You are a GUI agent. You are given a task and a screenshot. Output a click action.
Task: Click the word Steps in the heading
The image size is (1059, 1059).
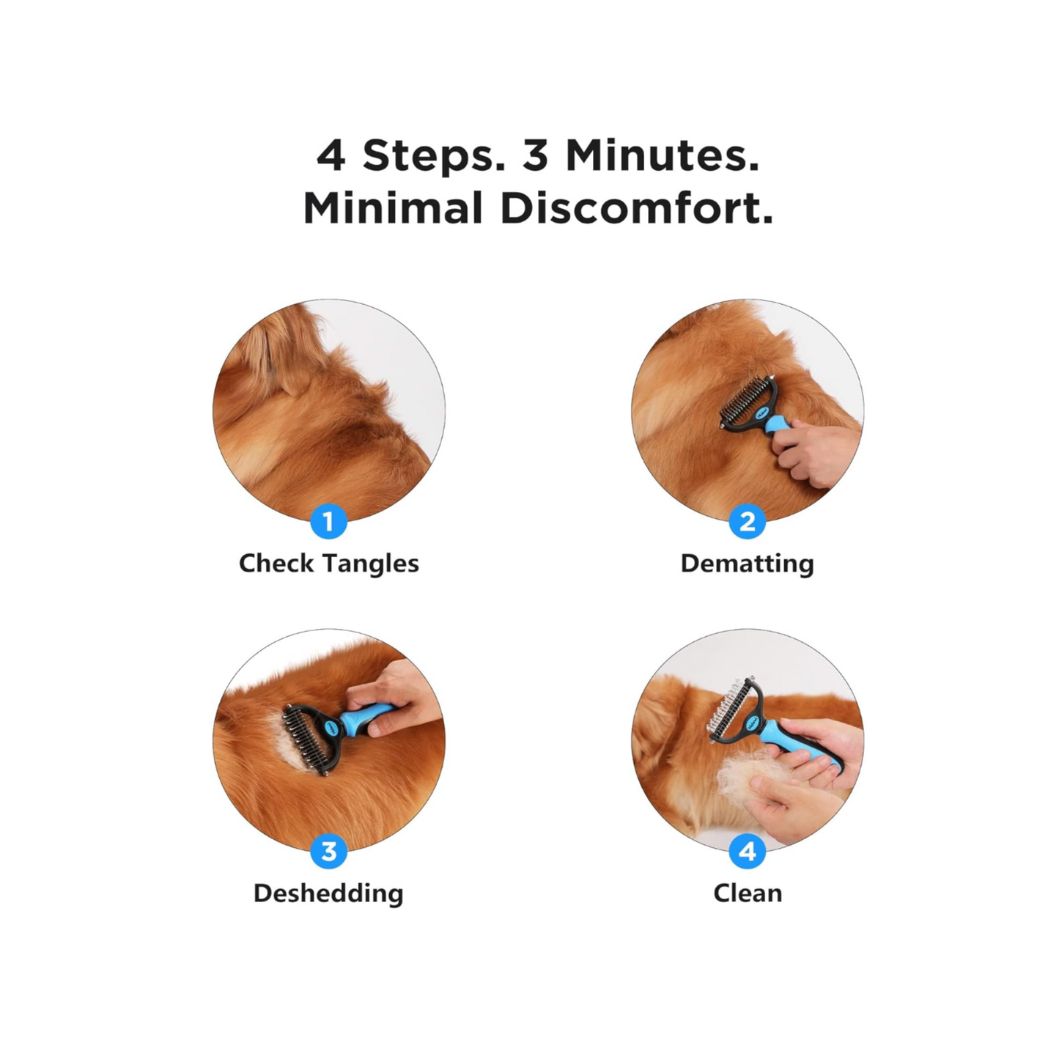(x=433, y=157)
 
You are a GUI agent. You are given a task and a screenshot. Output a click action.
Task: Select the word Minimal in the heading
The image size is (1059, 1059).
(x=393, y=207)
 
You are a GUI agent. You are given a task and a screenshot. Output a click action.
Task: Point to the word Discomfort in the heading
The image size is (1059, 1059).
(x=637, y=207)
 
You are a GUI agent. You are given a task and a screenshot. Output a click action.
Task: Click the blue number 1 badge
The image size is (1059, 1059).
(x=328, y=521)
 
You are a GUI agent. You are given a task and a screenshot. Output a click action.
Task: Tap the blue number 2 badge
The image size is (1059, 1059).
(x=747, y=521)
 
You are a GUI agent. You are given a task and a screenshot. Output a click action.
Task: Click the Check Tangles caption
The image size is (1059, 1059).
(x=328, y=564)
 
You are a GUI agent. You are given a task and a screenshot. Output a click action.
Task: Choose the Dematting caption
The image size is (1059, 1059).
(x=747, y=564)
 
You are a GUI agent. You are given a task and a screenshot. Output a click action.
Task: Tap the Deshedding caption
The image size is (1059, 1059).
(x=328, y=893)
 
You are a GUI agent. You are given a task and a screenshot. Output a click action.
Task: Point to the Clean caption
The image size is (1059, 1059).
(x=748, y=893)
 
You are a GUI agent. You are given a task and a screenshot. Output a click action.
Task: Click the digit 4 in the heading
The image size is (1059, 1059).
(x=331, y=156)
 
